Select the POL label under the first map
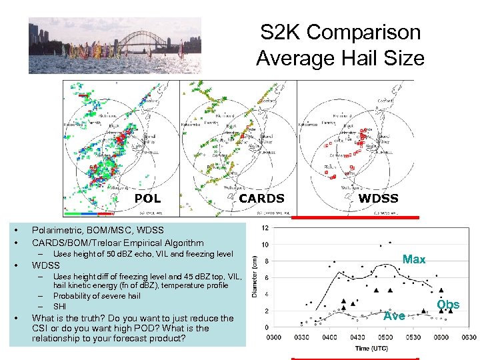click(x=147, y=198)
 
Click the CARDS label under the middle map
click(x=261, y=198)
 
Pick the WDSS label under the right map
click(x=379, y=198)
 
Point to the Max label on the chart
click(x=414, y=259)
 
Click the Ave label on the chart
click(x=395, y=316)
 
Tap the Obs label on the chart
click(x=448, y=305)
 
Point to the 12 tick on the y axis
click(x=265, y=228)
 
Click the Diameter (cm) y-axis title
click(x=255, y=278)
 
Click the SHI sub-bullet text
click(x=60, y=306)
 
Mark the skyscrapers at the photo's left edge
click(x=39, y=35)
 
